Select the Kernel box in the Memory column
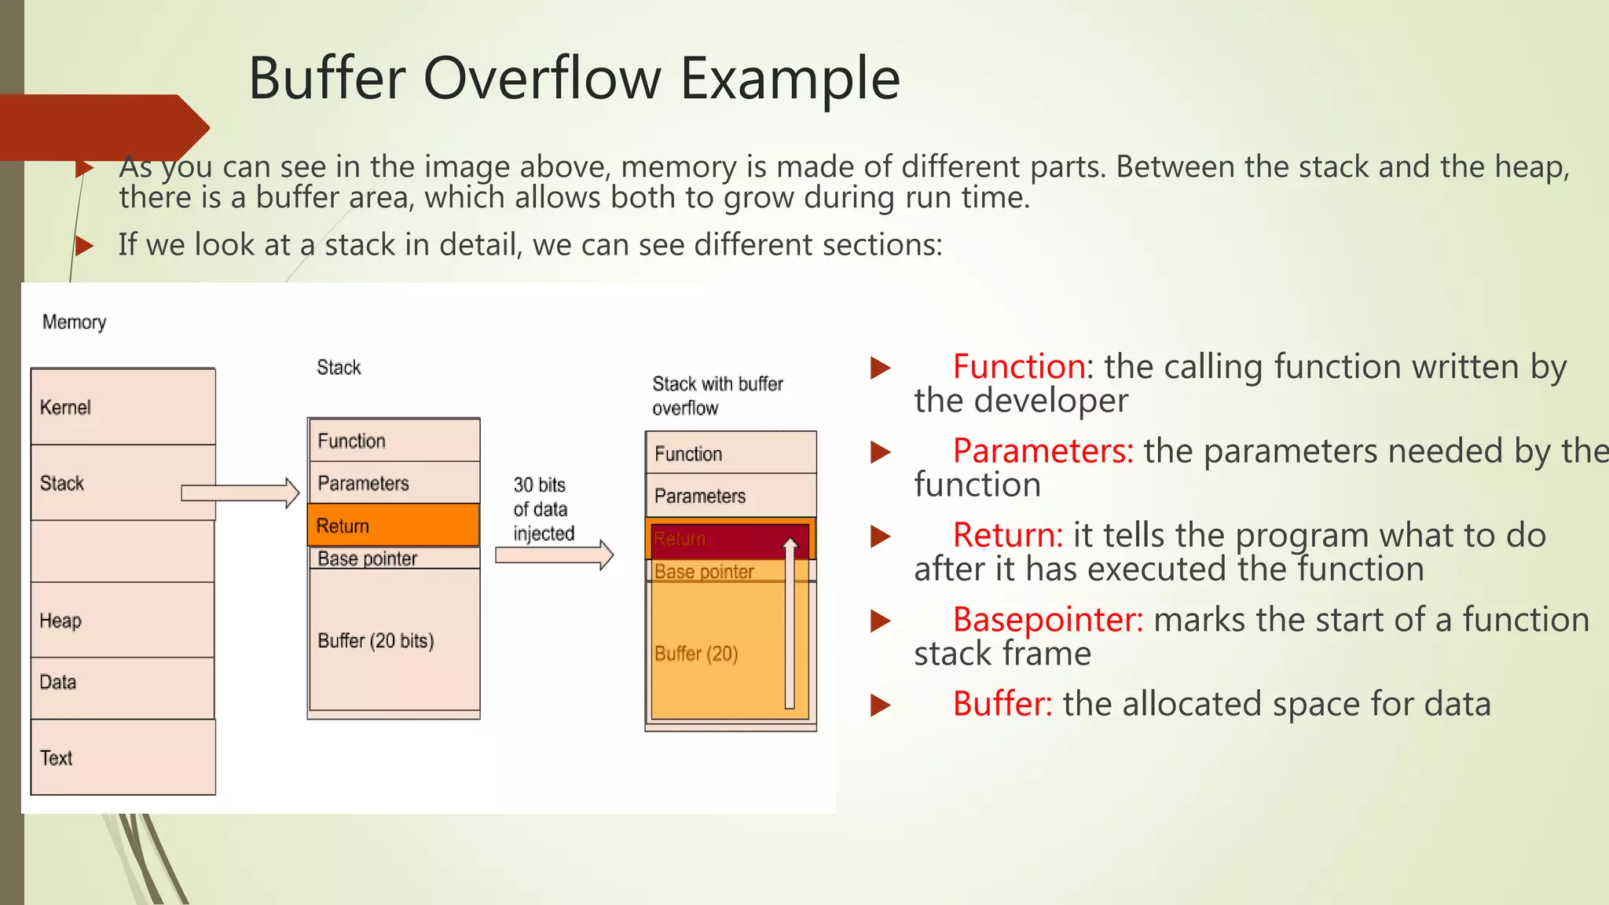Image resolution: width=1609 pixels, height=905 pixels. click(123, 407)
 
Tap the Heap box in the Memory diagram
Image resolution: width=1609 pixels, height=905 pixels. click(123, 620)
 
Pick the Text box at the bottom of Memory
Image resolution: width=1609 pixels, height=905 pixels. click(123, 757)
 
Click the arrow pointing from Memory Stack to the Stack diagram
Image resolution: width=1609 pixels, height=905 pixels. click(240, 493)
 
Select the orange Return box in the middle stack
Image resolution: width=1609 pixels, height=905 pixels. click(393, 525)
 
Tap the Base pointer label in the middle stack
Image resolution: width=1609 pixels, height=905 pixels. click(367, 559)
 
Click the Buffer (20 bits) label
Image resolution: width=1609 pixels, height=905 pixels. click(376, 640)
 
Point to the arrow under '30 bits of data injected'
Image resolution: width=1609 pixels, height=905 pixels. click(554, 555)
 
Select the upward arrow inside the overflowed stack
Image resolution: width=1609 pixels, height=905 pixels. click(790, 621)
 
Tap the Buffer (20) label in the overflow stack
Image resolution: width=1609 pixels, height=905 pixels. click(696, 654)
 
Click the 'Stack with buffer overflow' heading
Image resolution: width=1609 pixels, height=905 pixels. click(717, 395)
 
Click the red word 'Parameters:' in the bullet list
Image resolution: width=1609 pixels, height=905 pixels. click(1043, 451)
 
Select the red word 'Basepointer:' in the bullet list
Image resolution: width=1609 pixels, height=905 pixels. click(1047, 620)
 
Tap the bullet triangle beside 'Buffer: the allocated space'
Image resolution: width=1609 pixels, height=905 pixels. click(880, 705)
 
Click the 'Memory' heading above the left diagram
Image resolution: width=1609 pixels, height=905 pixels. click(74, 322)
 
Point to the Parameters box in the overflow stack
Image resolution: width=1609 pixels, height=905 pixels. click(731, 496)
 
